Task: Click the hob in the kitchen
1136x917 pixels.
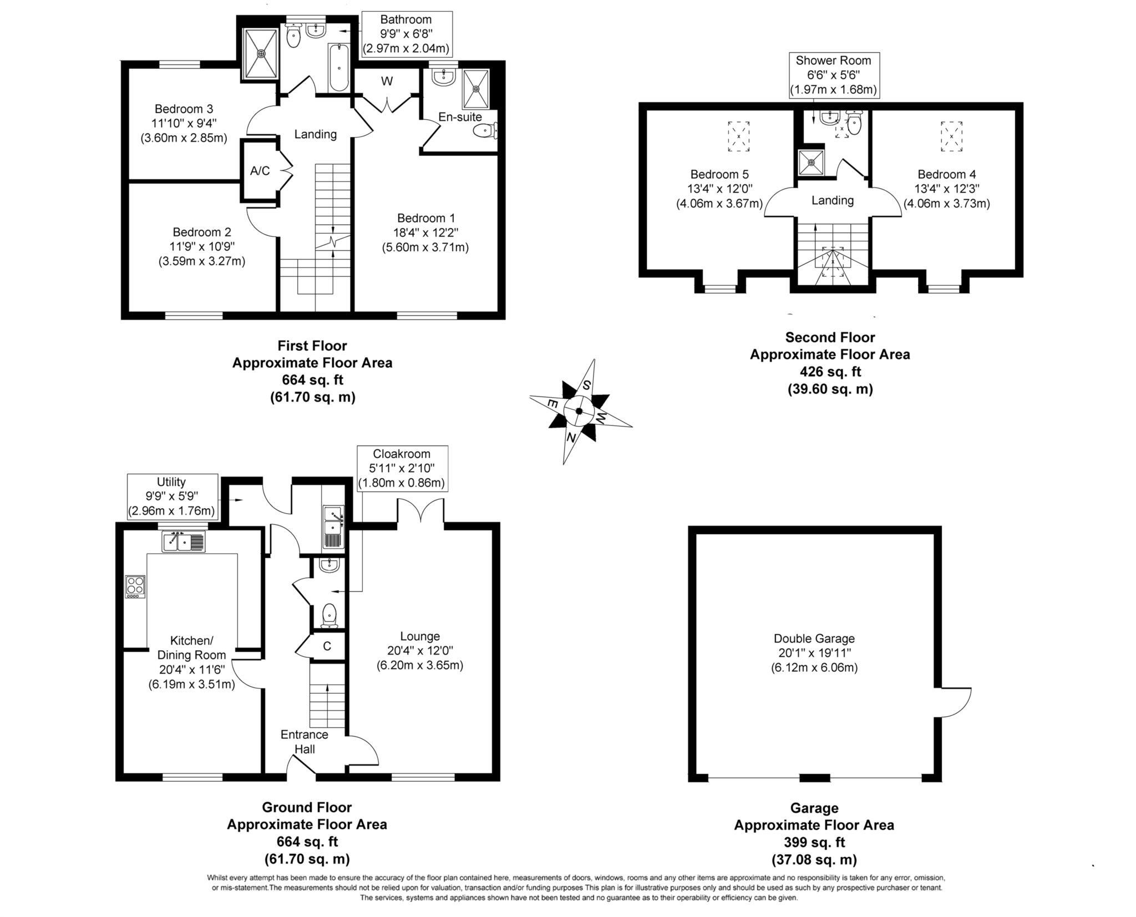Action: (x=135, y=586)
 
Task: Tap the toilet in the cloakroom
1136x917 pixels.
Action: (x=329, y=615)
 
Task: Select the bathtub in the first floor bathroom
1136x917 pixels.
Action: (x=338, y=68)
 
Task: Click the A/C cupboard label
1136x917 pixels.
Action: (x=260, y=171)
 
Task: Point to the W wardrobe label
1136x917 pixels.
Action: (x=387, y=82)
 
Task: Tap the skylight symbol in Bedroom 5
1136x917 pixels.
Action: (x=738, y=136)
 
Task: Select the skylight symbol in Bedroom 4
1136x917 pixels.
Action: (x=951, y=136)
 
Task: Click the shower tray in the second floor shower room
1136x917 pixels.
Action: (x=811, y=163)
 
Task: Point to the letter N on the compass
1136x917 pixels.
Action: (x=571, y=437)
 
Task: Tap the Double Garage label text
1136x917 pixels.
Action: (x=814, y=639)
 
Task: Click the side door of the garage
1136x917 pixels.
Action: (x=955, y=702)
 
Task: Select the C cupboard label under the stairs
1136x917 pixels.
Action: (x=327, y=646)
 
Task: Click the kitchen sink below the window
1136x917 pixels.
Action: (x=184, y=541)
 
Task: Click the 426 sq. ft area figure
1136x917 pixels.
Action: (x=830, y=372)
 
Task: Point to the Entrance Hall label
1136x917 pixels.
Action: (x=304, y=742)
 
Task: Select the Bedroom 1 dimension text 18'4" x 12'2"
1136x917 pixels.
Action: (x=425, y=232)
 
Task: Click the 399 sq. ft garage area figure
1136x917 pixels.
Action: (x=814, y=842)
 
